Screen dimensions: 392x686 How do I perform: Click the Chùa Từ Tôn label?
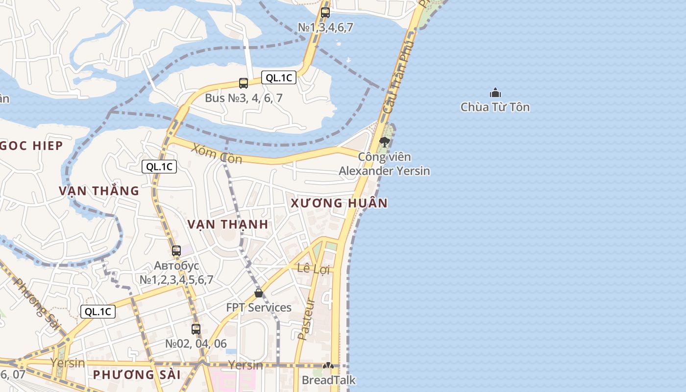click(x=495, y=107)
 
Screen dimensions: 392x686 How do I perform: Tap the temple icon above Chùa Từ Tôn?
click(x=495, y=93)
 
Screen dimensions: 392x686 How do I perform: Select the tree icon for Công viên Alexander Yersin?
click(x=385, y=142)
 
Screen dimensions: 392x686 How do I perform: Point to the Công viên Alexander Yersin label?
click(x=385, y=164)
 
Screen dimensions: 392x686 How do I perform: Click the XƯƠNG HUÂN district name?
click(x=339, y=203)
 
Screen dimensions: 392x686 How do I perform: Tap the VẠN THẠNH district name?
click(x=228, y=224)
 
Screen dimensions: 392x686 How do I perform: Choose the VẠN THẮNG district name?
click(x=99, y=191)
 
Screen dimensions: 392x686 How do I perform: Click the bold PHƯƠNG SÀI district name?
click(x=137, y=375)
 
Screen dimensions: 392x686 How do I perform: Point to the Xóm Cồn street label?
click(x=217, y=153)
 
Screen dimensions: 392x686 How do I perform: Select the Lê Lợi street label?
click(x=314, y=269)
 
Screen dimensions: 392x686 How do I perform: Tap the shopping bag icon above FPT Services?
click(x=259, y=293)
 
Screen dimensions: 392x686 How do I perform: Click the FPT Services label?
click(x=259, y=308)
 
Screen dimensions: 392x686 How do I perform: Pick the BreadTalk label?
click(x=328, y=380)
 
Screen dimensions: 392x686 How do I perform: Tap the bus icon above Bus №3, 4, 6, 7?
click(x=244, y=83)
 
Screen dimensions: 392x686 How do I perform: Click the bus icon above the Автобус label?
click(x=176, y=251)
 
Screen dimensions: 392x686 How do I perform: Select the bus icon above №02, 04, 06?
click(x=196, y=329)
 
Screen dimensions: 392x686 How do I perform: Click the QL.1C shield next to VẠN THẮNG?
click(x=159, y=167)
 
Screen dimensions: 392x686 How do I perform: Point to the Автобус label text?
click(x=176, y=266)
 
